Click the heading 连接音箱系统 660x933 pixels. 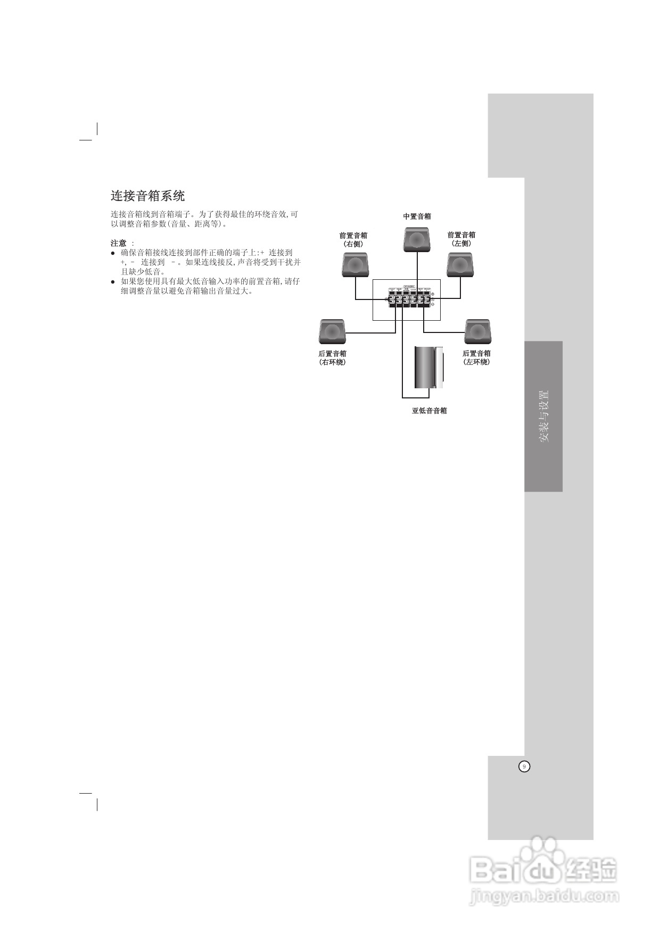click(147, 196)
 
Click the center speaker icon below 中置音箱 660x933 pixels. click(417, 240)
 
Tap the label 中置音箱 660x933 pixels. click(417, 216)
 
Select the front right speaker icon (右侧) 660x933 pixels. click(355, 264)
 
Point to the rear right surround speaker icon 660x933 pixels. click(333, 331)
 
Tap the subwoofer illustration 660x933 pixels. click(428, 368)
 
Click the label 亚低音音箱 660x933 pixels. click(429, 411)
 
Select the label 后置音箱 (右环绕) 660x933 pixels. click(333, 357)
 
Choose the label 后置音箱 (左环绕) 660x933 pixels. click(476, 357)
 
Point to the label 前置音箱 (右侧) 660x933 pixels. click(353, 239)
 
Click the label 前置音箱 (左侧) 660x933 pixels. click(461, 239)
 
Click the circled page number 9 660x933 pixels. click(524, 767)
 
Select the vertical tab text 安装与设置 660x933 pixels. click(543, 416)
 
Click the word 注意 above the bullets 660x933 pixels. click(119, 243)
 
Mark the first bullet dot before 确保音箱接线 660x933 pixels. click(113, 253)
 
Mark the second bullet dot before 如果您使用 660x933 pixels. click(113, 282)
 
